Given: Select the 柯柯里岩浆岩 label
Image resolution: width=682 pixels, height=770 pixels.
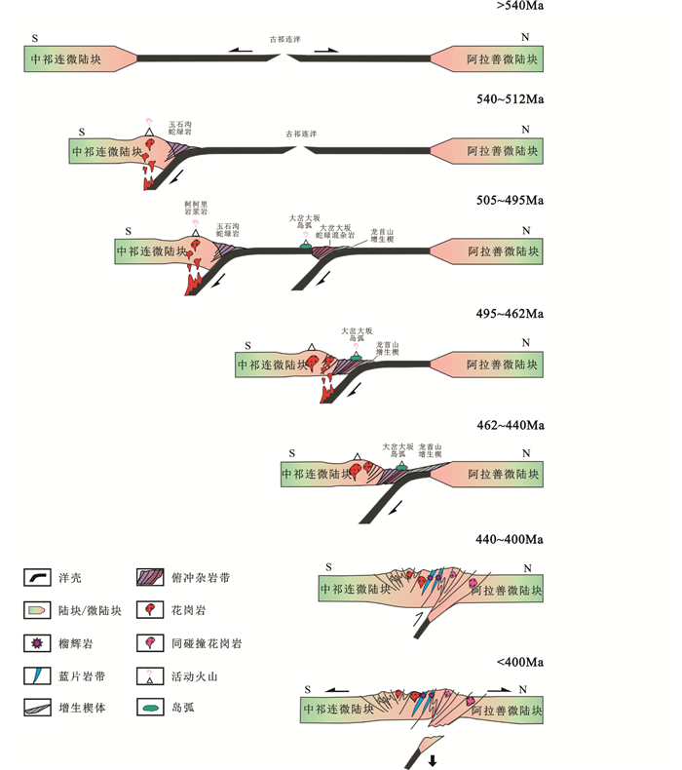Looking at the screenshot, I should [x=196, y=208].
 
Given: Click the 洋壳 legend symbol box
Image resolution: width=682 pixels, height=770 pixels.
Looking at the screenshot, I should [x=38, y=578].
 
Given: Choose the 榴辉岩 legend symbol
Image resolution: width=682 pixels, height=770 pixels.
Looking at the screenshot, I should [x=38, y=643].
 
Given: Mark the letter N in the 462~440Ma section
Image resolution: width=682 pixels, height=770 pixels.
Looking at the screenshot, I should [x=526, y=454].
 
